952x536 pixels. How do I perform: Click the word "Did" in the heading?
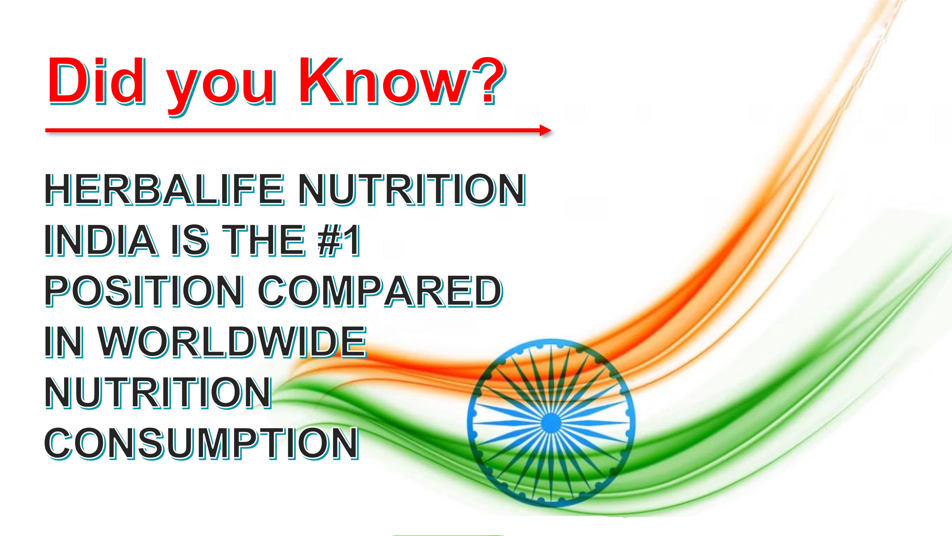[97, 81]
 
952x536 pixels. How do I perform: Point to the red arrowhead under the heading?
[545, 130]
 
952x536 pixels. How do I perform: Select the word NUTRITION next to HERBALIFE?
[412, 190]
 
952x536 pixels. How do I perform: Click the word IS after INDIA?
[189, 241]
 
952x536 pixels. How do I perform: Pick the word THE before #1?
[263, 241]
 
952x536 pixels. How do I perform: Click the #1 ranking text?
[338, 241]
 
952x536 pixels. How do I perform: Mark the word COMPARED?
[380, 291]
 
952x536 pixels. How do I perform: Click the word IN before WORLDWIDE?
[63, 342]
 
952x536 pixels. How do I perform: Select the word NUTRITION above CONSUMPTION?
[158, 393]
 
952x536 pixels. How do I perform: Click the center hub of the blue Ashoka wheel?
[551, 423]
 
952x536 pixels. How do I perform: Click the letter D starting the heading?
[70, 81]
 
